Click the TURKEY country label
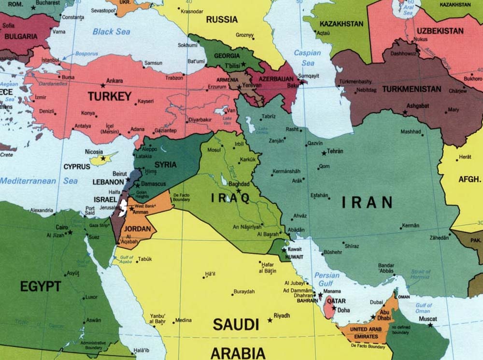[x=109, y=96]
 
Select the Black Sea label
[x=111, y=31]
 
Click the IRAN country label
[x=367, y=202]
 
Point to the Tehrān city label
[x=335, y=151]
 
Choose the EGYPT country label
[x=41, y=287]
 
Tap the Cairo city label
[x=61, y=227]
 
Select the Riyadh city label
[x=282, y=316]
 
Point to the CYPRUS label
[x=77, y=167]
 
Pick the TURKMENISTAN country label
[x=412, y=89]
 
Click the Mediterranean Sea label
[x=39, y=181]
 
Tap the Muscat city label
[x=428, y=319]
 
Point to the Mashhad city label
[x=411, y=132]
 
